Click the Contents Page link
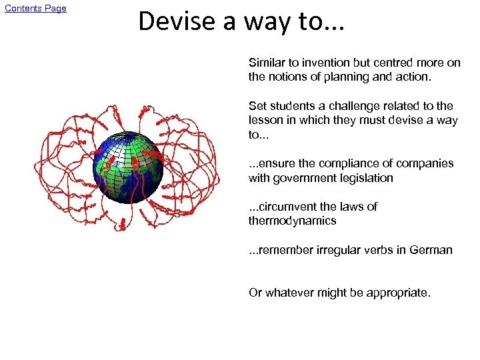pyautogui.click(x=35, y=8)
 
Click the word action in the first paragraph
pyautogui.click(x=414, y=77)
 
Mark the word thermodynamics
pyautogui.click(x=292, y=221)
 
